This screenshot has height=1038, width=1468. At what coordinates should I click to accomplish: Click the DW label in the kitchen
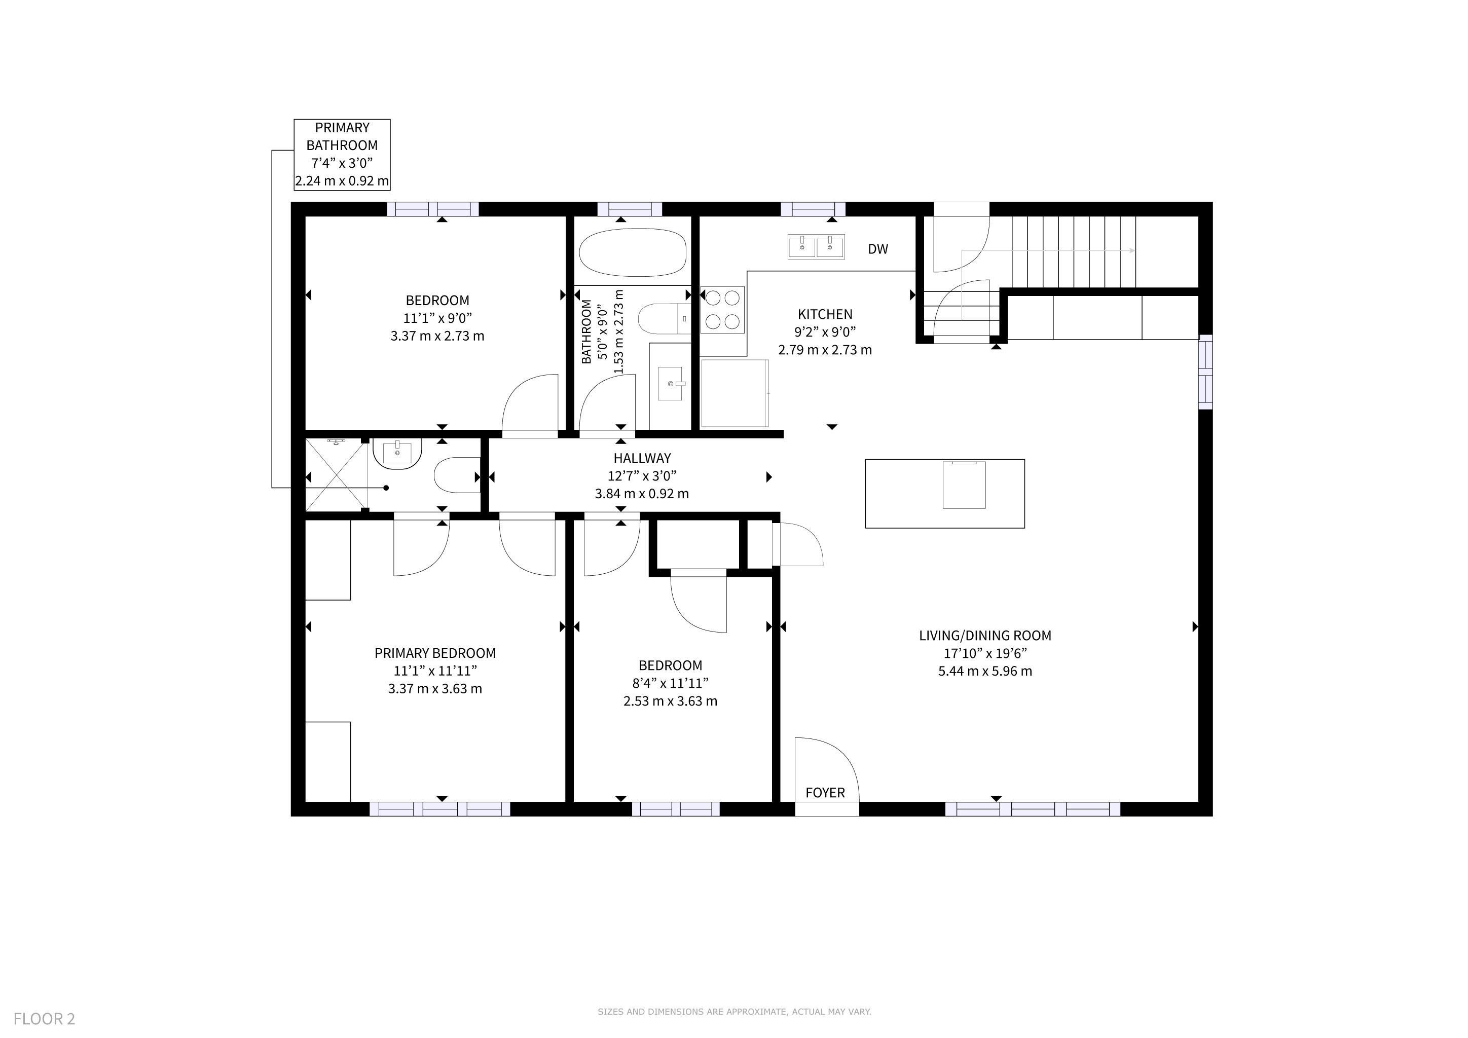[877, 249]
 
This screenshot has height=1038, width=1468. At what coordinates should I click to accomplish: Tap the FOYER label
[825, 793]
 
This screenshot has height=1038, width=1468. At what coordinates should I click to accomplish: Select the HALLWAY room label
[642, 458]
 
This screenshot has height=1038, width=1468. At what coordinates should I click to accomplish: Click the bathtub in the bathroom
[632, 252]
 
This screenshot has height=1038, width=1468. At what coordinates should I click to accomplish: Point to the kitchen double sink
[816, 246]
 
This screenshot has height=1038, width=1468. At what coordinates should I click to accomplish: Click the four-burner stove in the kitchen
[722, 310]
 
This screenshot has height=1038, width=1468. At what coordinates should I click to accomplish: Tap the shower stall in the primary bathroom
[336, 475]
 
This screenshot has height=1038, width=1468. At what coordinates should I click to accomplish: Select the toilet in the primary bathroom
[457, 475]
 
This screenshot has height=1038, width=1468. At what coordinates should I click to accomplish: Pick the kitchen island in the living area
[944, 494]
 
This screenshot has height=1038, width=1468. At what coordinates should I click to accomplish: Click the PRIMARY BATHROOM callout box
[342, 155]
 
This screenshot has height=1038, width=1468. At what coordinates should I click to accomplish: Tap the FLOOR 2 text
[44, 1019]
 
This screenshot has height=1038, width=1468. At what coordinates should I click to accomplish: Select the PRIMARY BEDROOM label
[435, 653]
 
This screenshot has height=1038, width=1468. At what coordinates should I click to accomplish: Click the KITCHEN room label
[825, 314]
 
